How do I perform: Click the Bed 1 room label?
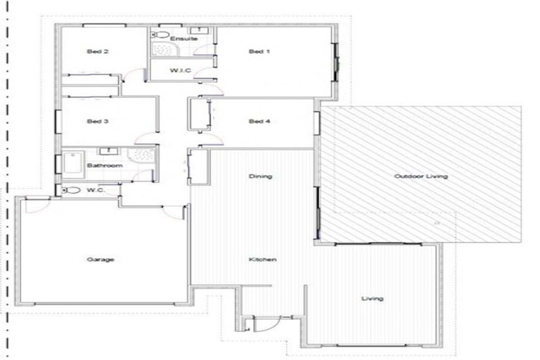tap(259, 51)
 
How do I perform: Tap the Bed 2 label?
tap(97, 51)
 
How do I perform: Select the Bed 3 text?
tap(97, 122)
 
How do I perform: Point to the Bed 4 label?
tap(259, 122)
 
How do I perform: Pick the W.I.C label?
tap(181, 70)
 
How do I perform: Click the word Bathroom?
tap(105, 165)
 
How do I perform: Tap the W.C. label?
tap(96, 190)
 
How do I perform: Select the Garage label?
tap(96, 259)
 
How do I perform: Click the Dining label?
tap(260, 176)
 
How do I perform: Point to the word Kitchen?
tap(262, 259)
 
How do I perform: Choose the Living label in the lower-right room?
tap(373, 299)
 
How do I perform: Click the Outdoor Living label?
tap(420, 176)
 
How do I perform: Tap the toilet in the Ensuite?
tap(160, 33)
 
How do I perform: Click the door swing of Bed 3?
tap(145, 138)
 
